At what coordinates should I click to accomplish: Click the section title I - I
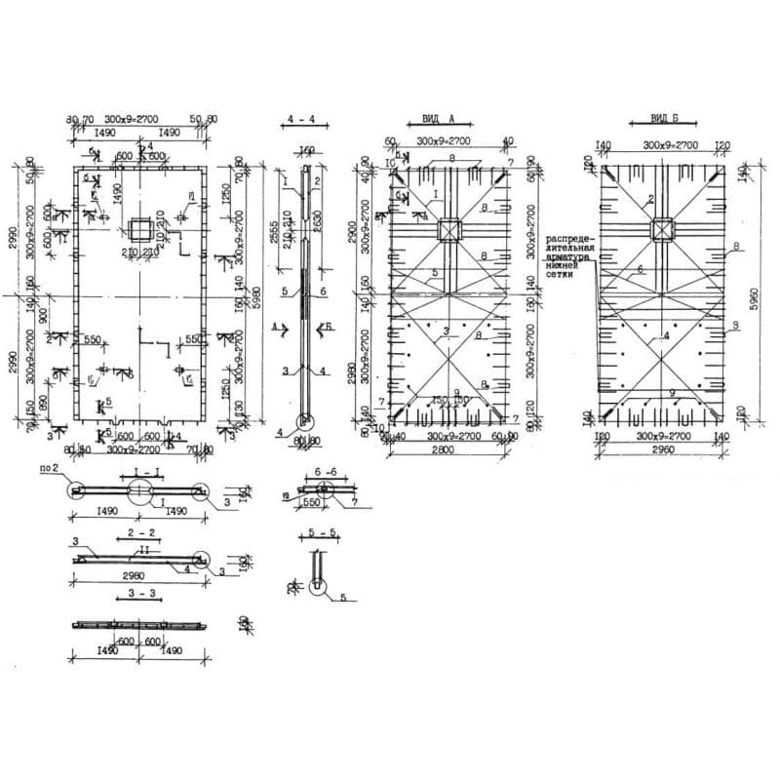pos(140,470)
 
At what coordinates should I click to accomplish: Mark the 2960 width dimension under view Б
pos(663,453)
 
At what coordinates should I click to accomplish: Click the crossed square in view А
pos(449,230)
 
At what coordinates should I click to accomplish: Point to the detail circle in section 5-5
pos(318,588)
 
